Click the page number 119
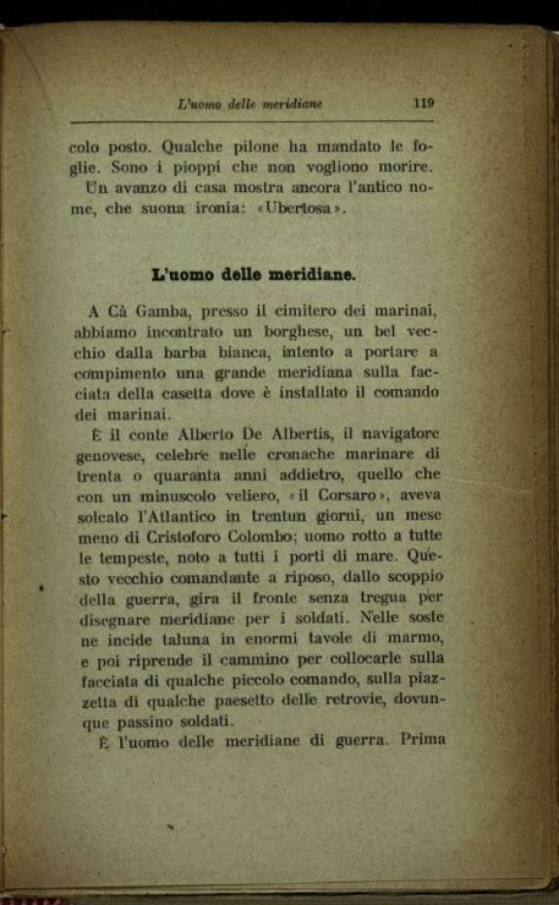point(422,102)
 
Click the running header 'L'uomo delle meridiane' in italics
point(250,102)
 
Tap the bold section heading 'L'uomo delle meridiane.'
point(254,274)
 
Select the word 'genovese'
point(105,453)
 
